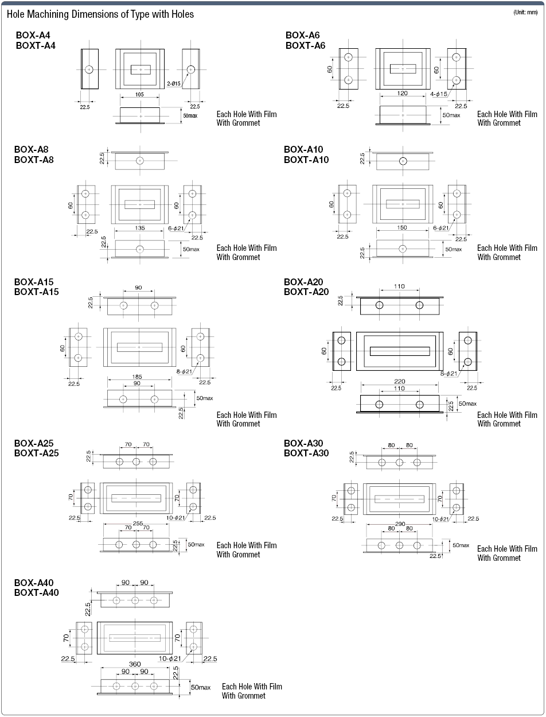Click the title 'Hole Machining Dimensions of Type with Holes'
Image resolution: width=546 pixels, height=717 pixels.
point(100,14)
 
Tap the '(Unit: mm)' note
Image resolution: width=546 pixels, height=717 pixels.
point(525,13)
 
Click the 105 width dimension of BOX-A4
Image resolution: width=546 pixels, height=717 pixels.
point(139,95)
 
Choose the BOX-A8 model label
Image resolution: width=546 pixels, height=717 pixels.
point(32,149)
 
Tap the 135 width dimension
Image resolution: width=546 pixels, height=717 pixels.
point(139,228)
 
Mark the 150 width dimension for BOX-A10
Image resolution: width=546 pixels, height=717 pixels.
point(403,228)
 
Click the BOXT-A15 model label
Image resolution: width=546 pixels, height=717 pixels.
point(37,292)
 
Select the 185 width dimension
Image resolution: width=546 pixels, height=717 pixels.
point(137,377)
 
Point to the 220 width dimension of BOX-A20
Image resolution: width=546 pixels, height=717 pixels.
point(400,381)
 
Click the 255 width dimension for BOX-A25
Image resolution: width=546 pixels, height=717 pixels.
point(138,524)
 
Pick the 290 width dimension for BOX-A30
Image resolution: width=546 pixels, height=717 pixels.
point(400,524)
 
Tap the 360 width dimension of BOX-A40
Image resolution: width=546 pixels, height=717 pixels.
point(135,664)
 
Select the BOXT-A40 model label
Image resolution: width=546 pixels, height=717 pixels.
point(37,592)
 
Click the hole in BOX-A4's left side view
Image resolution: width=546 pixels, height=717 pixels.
point(89,69)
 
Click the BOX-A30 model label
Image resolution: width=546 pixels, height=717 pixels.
point(303,443)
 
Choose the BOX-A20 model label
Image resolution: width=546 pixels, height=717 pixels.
point(303,282)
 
